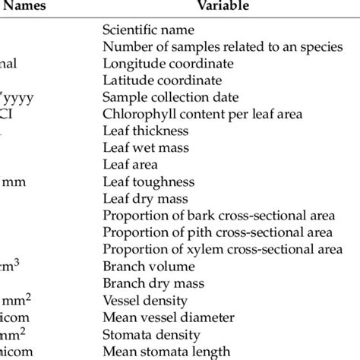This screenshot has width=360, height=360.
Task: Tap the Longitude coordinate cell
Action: click(x=168, y=65)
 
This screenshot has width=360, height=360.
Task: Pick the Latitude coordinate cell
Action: click(x=162, y=81)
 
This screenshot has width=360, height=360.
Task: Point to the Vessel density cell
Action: click(x=140, y=300)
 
